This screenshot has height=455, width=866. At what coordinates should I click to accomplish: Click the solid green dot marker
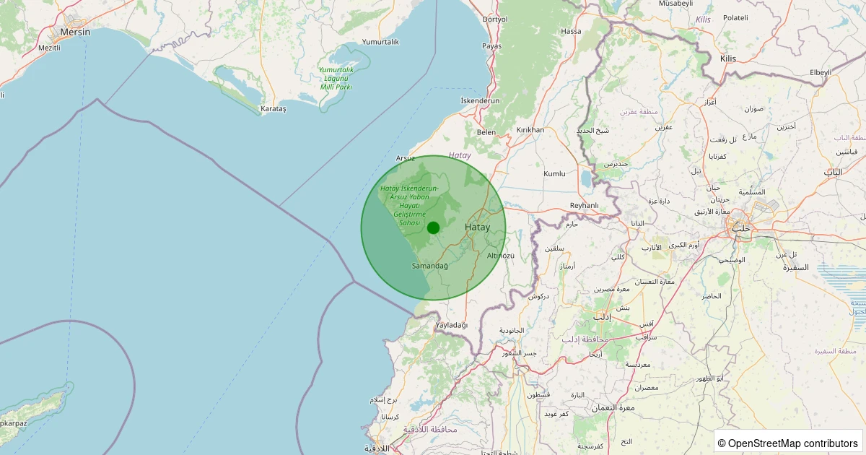433,228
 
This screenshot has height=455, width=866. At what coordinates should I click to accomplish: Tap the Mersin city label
76,32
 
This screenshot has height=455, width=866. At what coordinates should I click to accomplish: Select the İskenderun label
480,101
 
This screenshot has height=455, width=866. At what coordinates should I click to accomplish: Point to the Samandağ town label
429,266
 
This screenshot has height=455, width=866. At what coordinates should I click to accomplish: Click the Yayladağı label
452,325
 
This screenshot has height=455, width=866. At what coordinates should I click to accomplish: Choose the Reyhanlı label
585,206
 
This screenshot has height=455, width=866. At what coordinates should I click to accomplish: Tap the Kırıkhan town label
530,130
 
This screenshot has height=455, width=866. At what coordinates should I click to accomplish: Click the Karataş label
273,108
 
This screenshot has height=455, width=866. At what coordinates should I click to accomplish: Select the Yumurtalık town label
380,42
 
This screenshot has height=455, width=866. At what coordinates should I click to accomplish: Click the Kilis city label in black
727,58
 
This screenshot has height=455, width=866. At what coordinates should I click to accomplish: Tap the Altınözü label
501,256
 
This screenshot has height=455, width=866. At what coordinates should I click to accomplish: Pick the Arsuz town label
406,157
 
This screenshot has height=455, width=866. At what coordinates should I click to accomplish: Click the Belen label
486,132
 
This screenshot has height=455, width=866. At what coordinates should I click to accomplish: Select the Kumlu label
554,174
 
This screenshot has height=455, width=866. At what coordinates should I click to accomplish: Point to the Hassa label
571,32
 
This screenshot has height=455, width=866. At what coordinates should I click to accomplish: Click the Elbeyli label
821,72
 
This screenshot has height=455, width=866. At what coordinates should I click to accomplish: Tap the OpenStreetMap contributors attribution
788,443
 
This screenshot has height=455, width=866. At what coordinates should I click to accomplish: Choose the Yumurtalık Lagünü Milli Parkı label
336,78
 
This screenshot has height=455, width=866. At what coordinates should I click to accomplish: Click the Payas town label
491,46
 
